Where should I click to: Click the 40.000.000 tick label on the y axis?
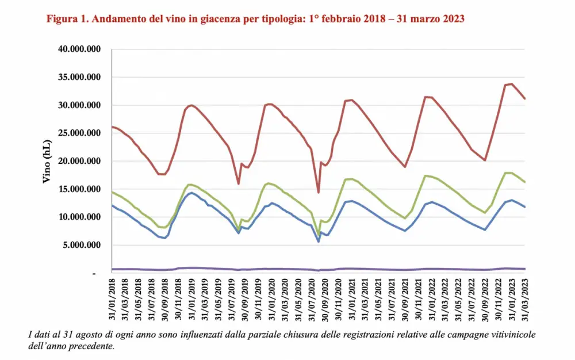click(80, 49)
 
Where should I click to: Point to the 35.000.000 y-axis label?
click(80, 77)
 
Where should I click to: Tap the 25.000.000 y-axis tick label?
click(80, 133)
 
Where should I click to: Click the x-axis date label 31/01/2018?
click(112, 302)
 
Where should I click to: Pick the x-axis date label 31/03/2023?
click(524, 302)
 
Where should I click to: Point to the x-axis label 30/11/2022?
click(498, 302)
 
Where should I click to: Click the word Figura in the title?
click(62, 19)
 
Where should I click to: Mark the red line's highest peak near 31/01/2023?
click(511, 84)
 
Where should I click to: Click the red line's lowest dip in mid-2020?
click(318, 192)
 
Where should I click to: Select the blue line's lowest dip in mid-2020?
click(318, 242)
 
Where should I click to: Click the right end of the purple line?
click(524, 269)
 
